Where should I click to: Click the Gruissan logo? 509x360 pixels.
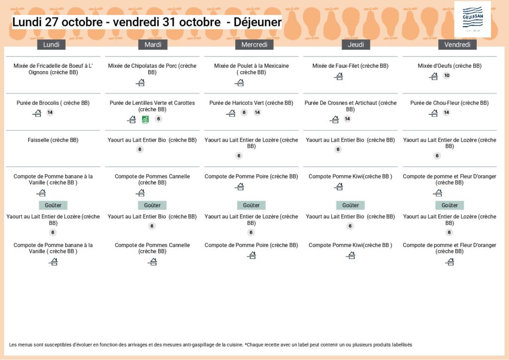pos(472,18)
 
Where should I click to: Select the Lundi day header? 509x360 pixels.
pos(51,45)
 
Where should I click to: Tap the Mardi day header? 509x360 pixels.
pos(153,45)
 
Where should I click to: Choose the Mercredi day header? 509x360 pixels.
pos(254,45)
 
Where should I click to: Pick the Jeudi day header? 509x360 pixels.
pos(356,45)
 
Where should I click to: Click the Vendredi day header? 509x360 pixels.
pos(457,45)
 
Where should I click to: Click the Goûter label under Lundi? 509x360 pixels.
pos(53,205)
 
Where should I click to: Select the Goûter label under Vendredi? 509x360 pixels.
pos(449,205)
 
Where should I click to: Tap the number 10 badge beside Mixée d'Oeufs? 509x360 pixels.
pos(446,76)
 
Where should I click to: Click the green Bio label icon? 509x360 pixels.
pos(145,119)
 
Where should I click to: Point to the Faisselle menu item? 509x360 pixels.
pos(53,140)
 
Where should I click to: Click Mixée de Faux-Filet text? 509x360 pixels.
pos(350,66)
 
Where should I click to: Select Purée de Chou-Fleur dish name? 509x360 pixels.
pos(449,103)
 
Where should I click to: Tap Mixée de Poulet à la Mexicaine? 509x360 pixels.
pos(251,69)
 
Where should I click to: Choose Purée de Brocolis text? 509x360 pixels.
pos(53,103)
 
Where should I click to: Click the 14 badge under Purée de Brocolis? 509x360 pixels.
pos(50,113)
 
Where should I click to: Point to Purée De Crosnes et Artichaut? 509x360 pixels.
pos(350,106)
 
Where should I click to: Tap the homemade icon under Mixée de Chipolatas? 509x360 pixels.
pos(140,83)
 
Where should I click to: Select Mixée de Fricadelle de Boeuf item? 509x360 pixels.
pos(53,69)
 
